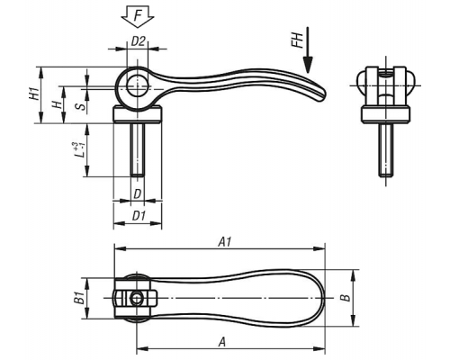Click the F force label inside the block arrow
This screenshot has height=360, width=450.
[138, 15]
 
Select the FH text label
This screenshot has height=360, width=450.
[297, 40]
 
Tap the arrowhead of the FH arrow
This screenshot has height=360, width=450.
[308, 65]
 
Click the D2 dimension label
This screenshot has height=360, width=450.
[138, 41]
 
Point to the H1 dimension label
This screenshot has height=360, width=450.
[34, 94]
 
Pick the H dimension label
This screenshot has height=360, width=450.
[57, 104]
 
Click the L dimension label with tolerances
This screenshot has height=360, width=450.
[79, 150]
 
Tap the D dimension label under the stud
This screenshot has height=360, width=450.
[137, 194]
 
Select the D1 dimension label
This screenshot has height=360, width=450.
[139, 216]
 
